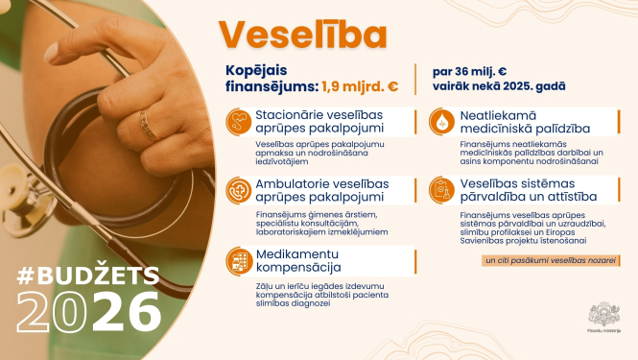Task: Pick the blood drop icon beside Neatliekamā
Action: pos(441,121)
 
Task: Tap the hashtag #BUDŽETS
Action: pos(86,276)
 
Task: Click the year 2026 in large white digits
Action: pos(88,313)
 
